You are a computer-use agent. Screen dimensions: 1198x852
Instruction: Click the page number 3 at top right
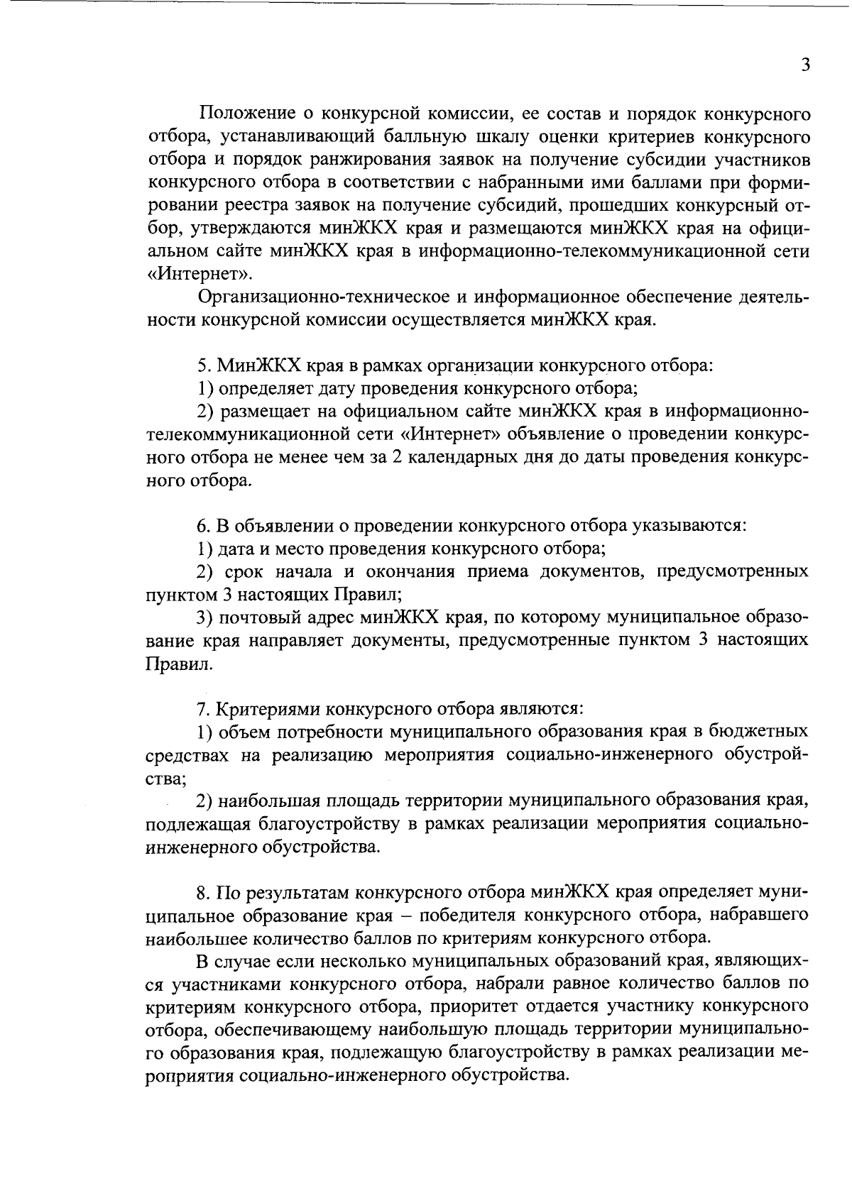pos(805,65)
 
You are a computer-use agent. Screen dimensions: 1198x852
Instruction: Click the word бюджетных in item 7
pos(758,731)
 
